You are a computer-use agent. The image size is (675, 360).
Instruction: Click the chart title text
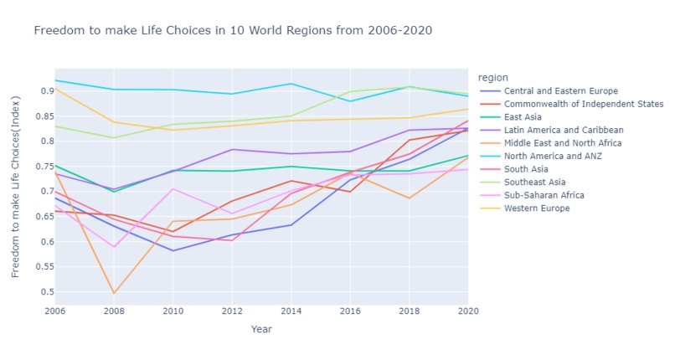pos(234,31)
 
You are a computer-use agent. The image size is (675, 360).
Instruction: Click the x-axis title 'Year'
pos(261,329)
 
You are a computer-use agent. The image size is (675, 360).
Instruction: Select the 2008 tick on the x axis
pos(114,311)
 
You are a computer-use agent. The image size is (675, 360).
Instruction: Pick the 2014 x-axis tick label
pos(291,311)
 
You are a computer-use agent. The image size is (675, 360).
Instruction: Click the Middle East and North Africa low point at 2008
pos(114,293)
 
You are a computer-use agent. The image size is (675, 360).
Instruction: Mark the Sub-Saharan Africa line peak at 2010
pos(173,188)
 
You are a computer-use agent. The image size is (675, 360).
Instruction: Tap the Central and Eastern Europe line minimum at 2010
pos(173,250)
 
